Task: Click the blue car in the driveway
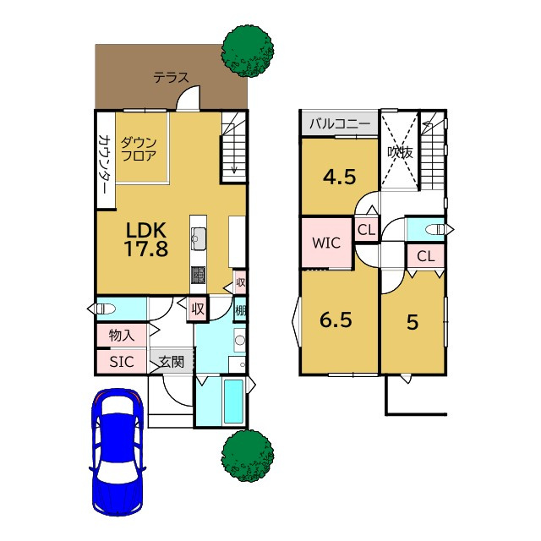[x=117, y=452]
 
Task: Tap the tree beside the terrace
[x=248, y=51]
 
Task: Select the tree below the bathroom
[x=248, y=456]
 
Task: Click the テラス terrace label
[x=171, y=77]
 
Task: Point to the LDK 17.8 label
[x=146, y=239]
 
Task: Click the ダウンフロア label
[x=139, y=149]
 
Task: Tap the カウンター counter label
[x=103, y=163]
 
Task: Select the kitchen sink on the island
[x=199, y=238]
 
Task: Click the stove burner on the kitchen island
[x=199, y=275]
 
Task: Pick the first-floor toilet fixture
[x=104, y=309]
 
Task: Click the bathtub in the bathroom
[x=233, y=401]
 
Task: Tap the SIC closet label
[x=122, y=362]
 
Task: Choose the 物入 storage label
[x=122, y=335]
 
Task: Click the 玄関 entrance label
[x=171, y=362]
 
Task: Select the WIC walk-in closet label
[x=326, y=243]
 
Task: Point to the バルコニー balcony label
[x=340, y=123]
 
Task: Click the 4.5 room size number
[x=340, y=178]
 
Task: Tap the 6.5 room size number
[x=336, y=320]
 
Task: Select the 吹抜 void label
[x=400, y=152]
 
